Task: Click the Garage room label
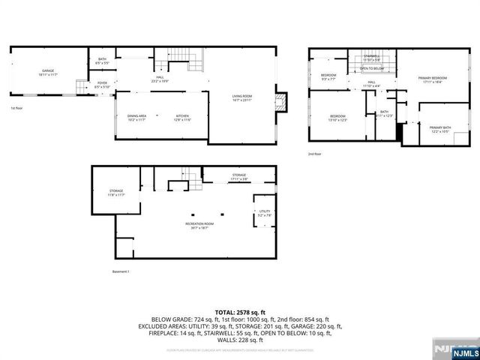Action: pyautogui.click(x=47, y=74)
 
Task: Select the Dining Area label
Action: pyautogui.click(x=136, y=118)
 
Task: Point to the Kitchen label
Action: pyautogui.click(x=183, y=118)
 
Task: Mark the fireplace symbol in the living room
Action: pyautogui.click(x=280, y=103)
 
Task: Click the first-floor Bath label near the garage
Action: pyautogui.click(x=102, y=61)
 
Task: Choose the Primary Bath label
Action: pyautogui.click(x=441, y=130)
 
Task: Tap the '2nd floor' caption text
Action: pyautogui.click(x=313, y=154)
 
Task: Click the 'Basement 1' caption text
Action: pyautogui.click(x=121, y=271)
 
